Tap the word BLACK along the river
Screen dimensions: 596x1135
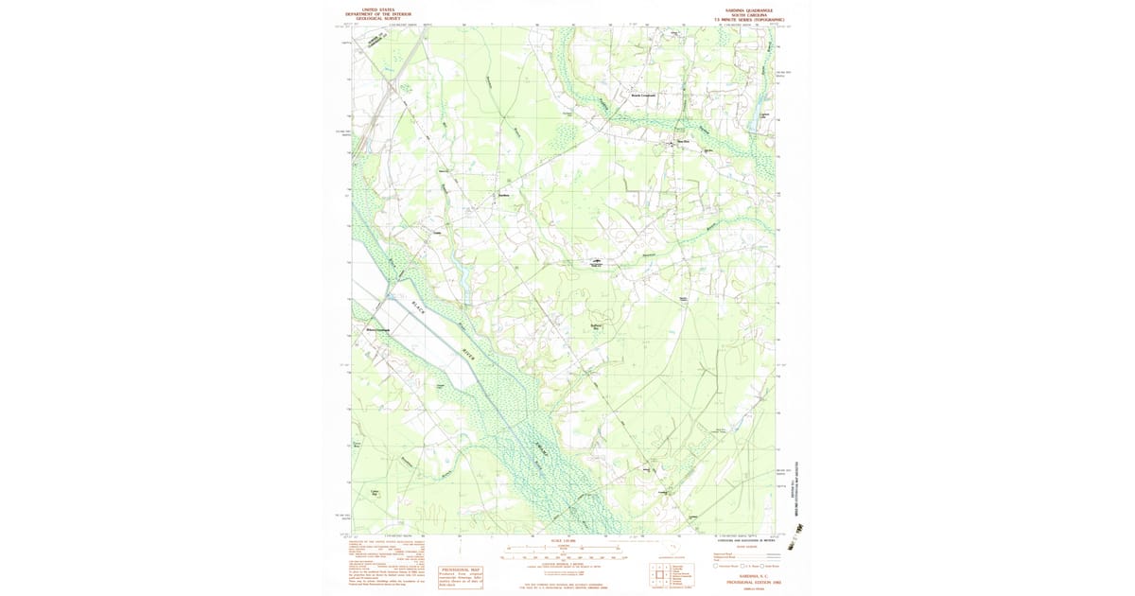(x=420, y=308)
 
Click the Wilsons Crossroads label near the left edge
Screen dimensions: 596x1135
(x=377, y=329)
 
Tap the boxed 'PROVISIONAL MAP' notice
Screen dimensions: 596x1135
(x=461, y=576)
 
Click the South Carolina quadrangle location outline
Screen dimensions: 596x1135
(x=673, y=548)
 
